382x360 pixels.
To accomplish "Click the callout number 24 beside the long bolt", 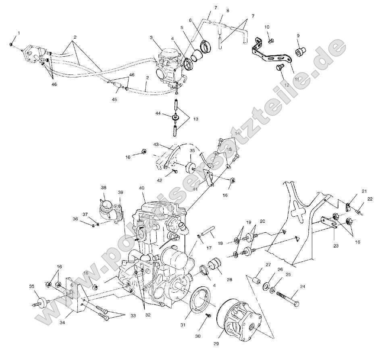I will [303, 287].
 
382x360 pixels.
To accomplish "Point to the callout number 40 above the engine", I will [141, 188].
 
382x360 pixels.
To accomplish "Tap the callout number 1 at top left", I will [18, 33].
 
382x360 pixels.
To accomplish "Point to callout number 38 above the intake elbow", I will [104, 188].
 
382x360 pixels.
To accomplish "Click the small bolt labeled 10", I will [271, 40].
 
